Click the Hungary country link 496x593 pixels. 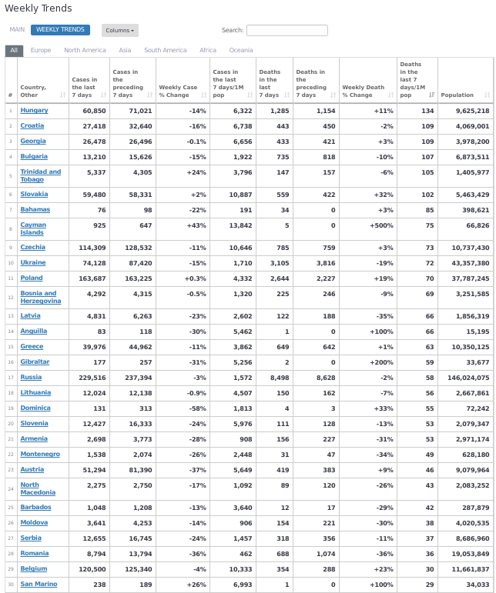click(34, 111)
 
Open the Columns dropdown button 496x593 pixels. click(119, 31)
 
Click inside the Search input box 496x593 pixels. click(287, 31)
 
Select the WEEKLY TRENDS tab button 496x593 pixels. click(60, 30)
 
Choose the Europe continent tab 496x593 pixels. click(41, 51)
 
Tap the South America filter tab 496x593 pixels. click(165, 51)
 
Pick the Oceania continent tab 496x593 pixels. click(240, 51)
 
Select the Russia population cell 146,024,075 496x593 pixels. click(465, 378)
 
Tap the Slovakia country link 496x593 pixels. click(34, 195)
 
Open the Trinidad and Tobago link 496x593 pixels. click(40, 175)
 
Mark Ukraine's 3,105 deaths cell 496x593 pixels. click(276, 263)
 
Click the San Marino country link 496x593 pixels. click(38, 585)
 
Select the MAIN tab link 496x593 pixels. click(17, 30)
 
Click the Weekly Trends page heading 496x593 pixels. click(39, 8)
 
